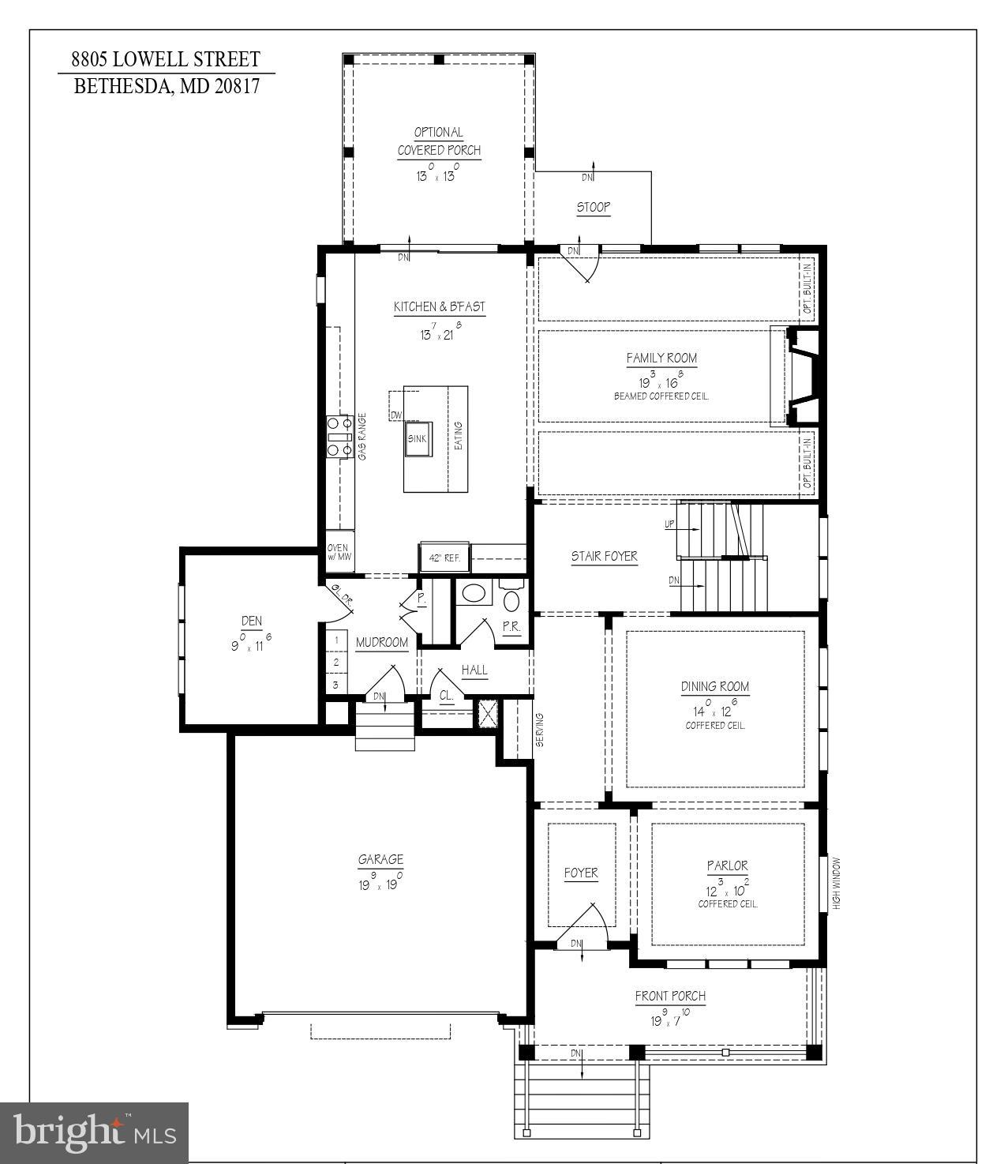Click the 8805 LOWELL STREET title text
point(166,59)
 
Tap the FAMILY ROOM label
point(661,359)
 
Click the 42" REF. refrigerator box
point(444,558)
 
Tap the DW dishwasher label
point(396,415)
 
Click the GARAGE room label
point(380,860)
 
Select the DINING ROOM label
point(715,687)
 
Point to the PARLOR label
point(727,866)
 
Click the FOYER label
point(581,873)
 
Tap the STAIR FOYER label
point(604,557)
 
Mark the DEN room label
point(251,621)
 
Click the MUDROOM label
point(381,643)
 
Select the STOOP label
point(593,208)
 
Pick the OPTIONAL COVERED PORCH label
point(439,141)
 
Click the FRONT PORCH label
point(670,997)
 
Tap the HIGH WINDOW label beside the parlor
point(837,884)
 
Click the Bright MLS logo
point(95,1132)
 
